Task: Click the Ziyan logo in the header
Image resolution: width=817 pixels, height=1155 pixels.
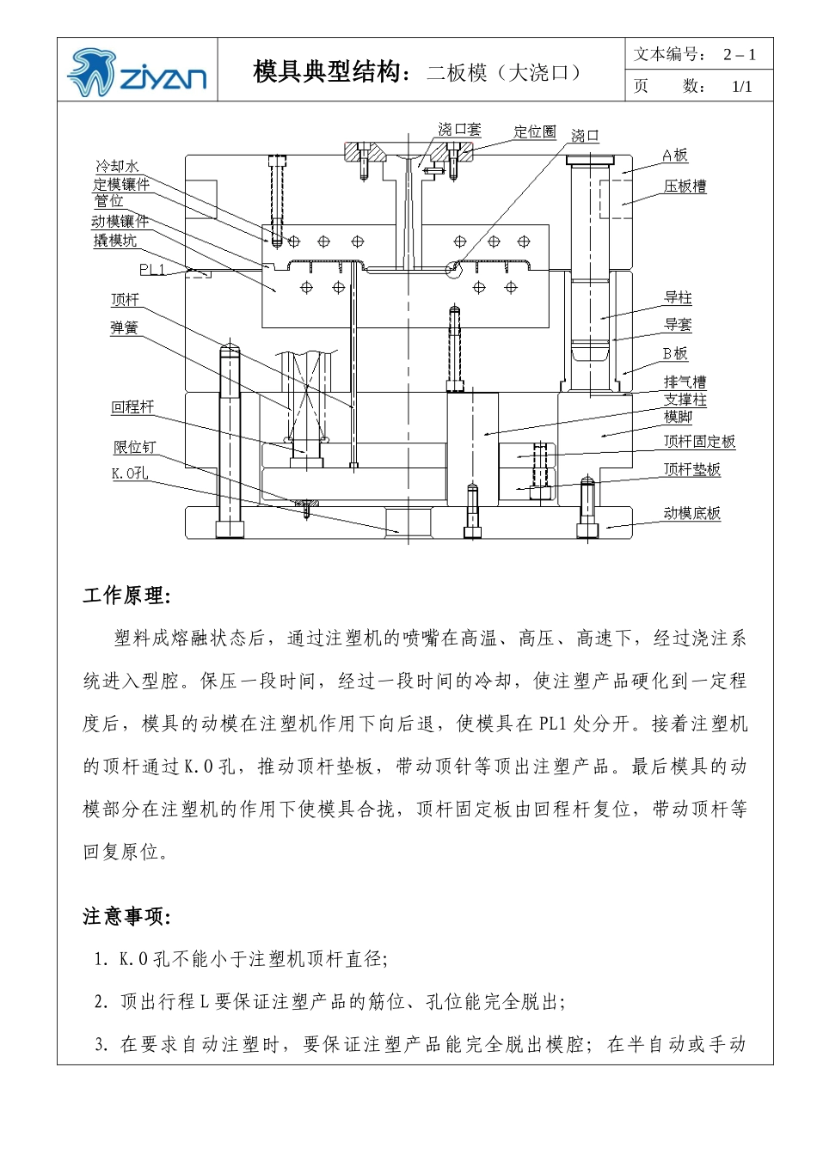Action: pyautogui.click(x=138, y=72)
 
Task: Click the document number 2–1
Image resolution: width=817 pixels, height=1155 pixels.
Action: pyautogui.click(x=739, y=54)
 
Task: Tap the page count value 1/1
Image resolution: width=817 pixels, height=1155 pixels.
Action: pyautogui.click(x=741, y=86)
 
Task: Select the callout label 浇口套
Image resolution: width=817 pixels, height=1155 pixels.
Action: pyautogui.click(x=459, y=130)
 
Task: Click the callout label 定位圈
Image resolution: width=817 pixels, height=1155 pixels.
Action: pyautogui.click(x=535, y=131)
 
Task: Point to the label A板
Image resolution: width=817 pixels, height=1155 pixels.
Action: pyautogui.click(x=675, y=155)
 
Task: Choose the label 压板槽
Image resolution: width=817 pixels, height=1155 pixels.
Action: pyautogui.click(x=685, y=186)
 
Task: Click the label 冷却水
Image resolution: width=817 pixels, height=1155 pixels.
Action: pyautogui.click(x=117, y=166)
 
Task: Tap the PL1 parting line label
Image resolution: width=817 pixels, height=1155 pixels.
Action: pyautogui.click(x=153, y=270)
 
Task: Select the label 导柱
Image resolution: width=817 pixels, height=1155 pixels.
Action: pyautogui.click(x=678, y=298)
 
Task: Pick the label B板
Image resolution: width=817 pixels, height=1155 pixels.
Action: pyautogui.click(x=675, y=353)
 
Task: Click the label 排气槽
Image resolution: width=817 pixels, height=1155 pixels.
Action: pyautogui.click(x=685, y=382)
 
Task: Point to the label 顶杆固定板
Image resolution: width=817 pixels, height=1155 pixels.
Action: pyautogui.click(x=699, y=442)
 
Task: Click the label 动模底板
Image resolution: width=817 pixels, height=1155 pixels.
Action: pyautogui.click(x=691, y=513)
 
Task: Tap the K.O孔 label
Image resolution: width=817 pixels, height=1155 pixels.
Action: pyautogui.click(x=130, y=474)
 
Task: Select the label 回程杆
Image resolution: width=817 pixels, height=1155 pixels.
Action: pyautogui.click(x=132, y=407)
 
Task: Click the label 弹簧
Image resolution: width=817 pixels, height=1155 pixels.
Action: pyautogui.click(x=124, y=327)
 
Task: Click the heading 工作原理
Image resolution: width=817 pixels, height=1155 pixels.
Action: pyautogui.click(x=126, y=596)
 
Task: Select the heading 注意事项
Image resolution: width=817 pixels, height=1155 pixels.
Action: pyautogui.click(x=126, y=917)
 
